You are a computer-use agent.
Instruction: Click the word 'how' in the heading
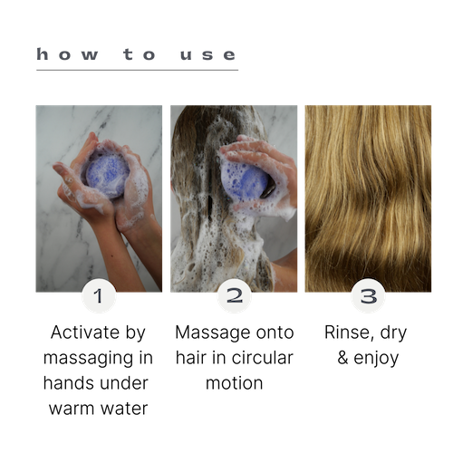(x=67, y=54)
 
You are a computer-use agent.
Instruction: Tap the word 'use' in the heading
(x=207, y=55)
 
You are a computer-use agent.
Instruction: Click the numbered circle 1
(x=99, y=295)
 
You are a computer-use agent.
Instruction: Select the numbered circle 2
(x=235, y=295)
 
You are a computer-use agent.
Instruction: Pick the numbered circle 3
(x=368, y=295)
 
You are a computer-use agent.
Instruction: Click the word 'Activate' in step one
(x=86, y=333)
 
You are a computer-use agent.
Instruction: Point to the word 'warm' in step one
(x=72, y=409)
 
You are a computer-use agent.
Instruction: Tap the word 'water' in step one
(x=124, y=409)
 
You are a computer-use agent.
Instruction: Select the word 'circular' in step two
(x=263, y=358)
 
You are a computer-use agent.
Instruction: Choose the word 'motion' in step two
(x=235, y=383)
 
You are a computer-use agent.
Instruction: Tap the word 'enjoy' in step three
(x=376, y=360)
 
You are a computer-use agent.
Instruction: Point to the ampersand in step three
(x=343, y=358)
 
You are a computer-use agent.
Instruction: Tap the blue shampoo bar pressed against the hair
(x=244, y=180)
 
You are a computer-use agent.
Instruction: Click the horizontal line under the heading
(x=138, y=70)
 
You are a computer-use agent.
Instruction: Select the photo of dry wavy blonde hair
(x=368, y=198)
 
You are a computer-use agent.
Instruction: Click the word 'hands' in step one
(x=69, y=383)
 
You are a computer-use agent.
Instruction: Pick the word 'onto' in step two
(x=275, y=333)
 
